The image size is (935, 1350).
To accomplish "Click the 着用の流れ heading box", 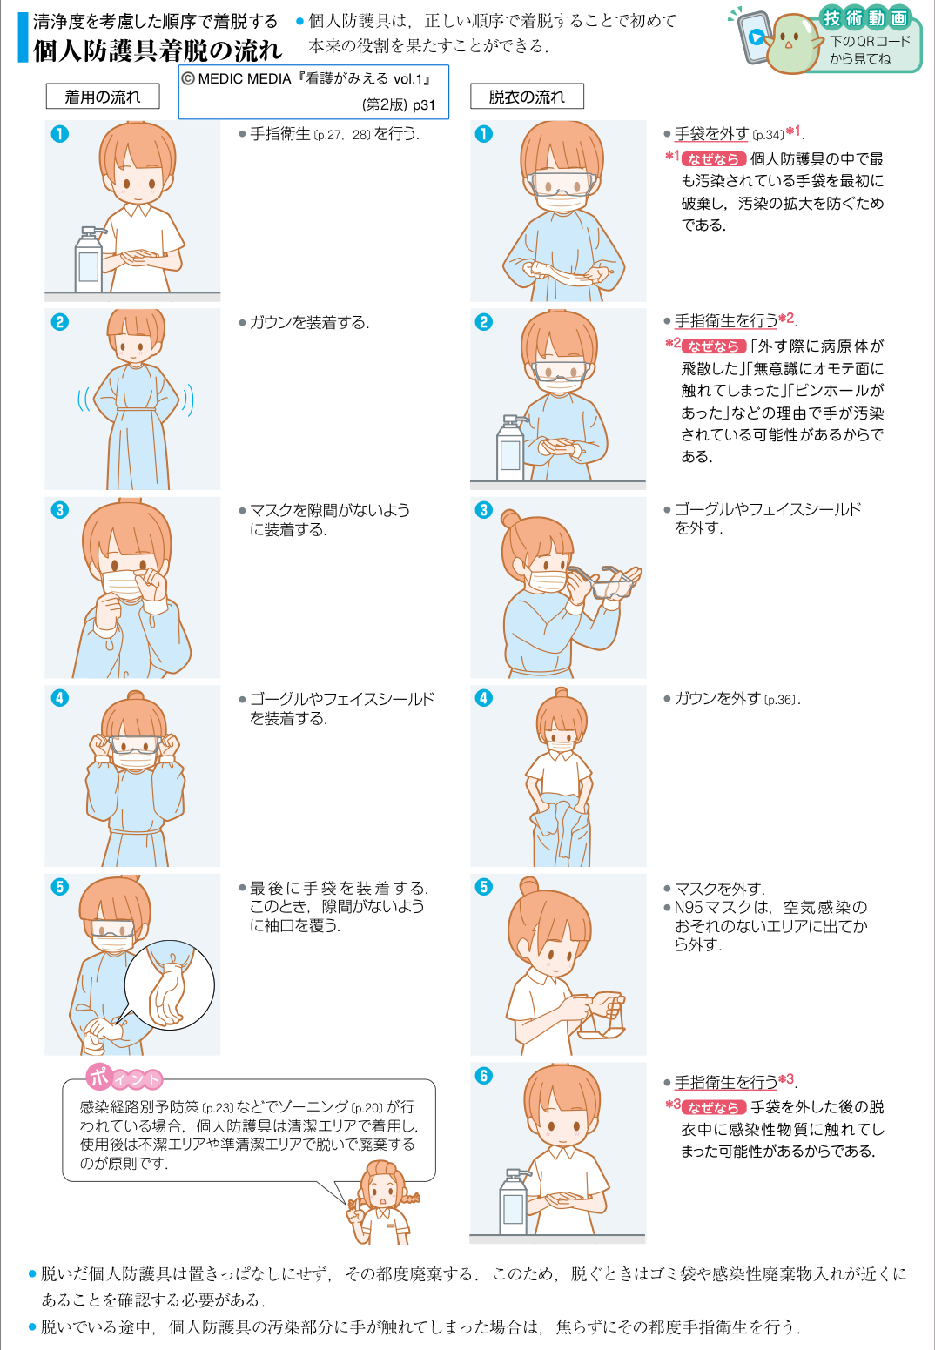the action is coord(103,97).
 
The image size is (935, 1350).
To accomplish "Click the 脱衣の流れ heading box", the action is coord(527,97).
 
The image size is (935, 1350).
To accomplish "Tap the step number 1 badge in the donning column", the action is coord(60,134).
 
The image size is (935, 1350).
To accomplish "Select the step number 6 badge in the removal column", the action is coord(483,1076).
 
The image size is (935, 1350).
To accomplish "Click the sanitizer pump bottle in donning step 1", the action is coord(89,260).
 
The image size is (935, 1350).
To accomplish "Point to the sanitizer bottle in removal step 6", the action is coord(514,1202).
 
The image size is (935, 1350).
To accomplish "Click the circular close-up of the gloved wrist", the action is coord(170,985).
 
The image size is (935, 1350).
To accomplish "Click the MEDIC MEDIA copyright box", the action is coord(313,91).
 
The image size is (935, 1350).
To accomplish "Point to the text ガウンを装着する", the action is coord(309,322).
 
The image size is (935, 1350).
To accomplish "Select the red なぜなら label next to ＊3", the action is coord(714,1108).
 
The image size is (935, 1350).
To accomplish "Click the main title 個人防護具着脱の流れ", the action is coord(158,50).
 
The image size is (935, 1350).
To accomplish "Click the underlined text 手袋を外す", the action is coord(711,134).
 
